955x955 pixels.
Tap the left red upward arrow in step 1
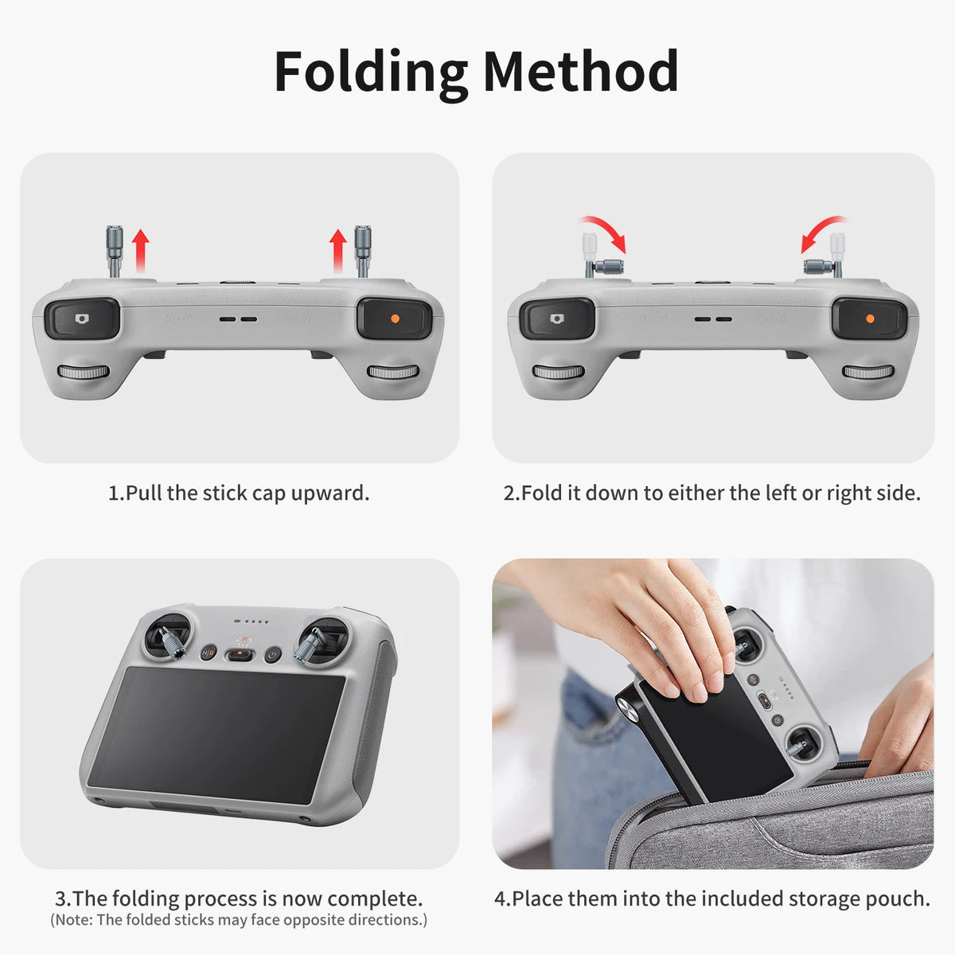pyautogui.click(x=141, y=251)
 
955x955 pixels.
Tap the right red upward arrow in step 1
pyautogui.click(x=338, y=251)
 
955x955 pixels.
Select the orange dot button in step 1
pyautogui.click(x=395, y=318)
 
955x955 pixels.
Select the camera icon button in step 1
pyautogui.click(x=82, y=318)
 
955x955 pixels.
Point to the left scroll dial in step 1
pyautogui.click(x=84, y=372)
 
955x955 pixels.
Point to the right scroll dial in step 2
pyautogui.click(x=868, y=372)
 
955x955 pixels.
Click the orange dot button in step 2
pyautogui.click(x=870, y=318)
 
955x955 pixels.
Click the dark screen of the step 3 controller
pyautogui.click(x=216, y=735)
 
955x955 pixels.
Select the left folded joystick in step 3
pyautogui.click(x=170, y=643)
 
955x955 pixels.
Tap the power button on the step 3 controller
pyautogui.click(x=272, y=655)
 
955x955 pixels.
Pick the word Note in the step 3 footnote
pyautogui.click(x=74, y=919)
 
